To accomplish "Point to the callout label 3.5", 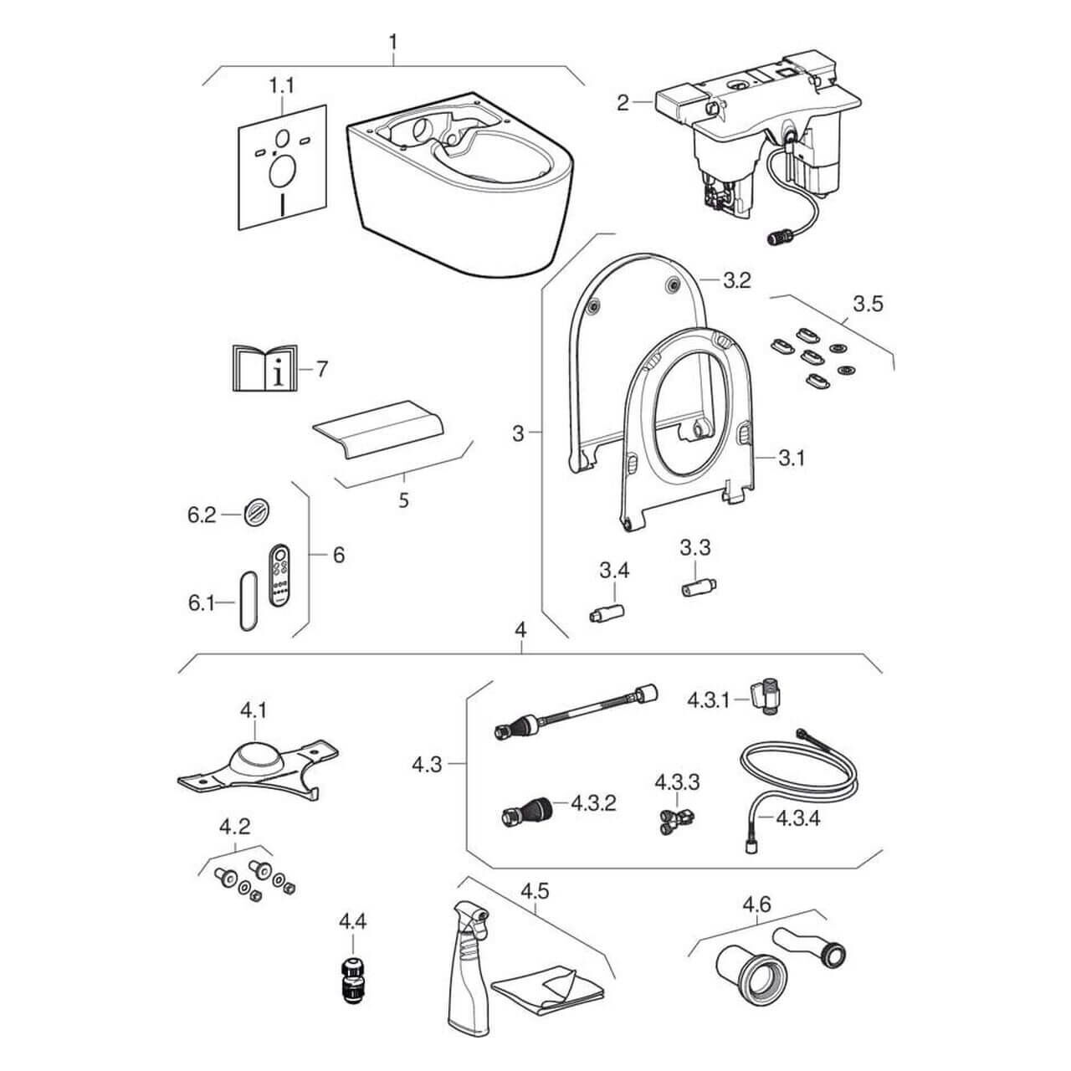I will [x=868, y=303].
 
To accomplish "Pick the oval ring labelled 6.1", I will [x=245, y=600].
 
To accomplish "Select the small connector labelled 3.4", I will [x=605, y=613].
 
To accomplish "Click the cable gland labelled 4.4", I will [x=352, y=978].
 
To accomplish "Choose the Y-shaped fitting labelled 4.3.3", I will [x=674, y=817].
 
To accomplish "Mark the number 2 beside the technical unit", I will [x=623, y=103].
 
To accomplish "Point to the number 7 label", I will [x=322, y=369].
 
